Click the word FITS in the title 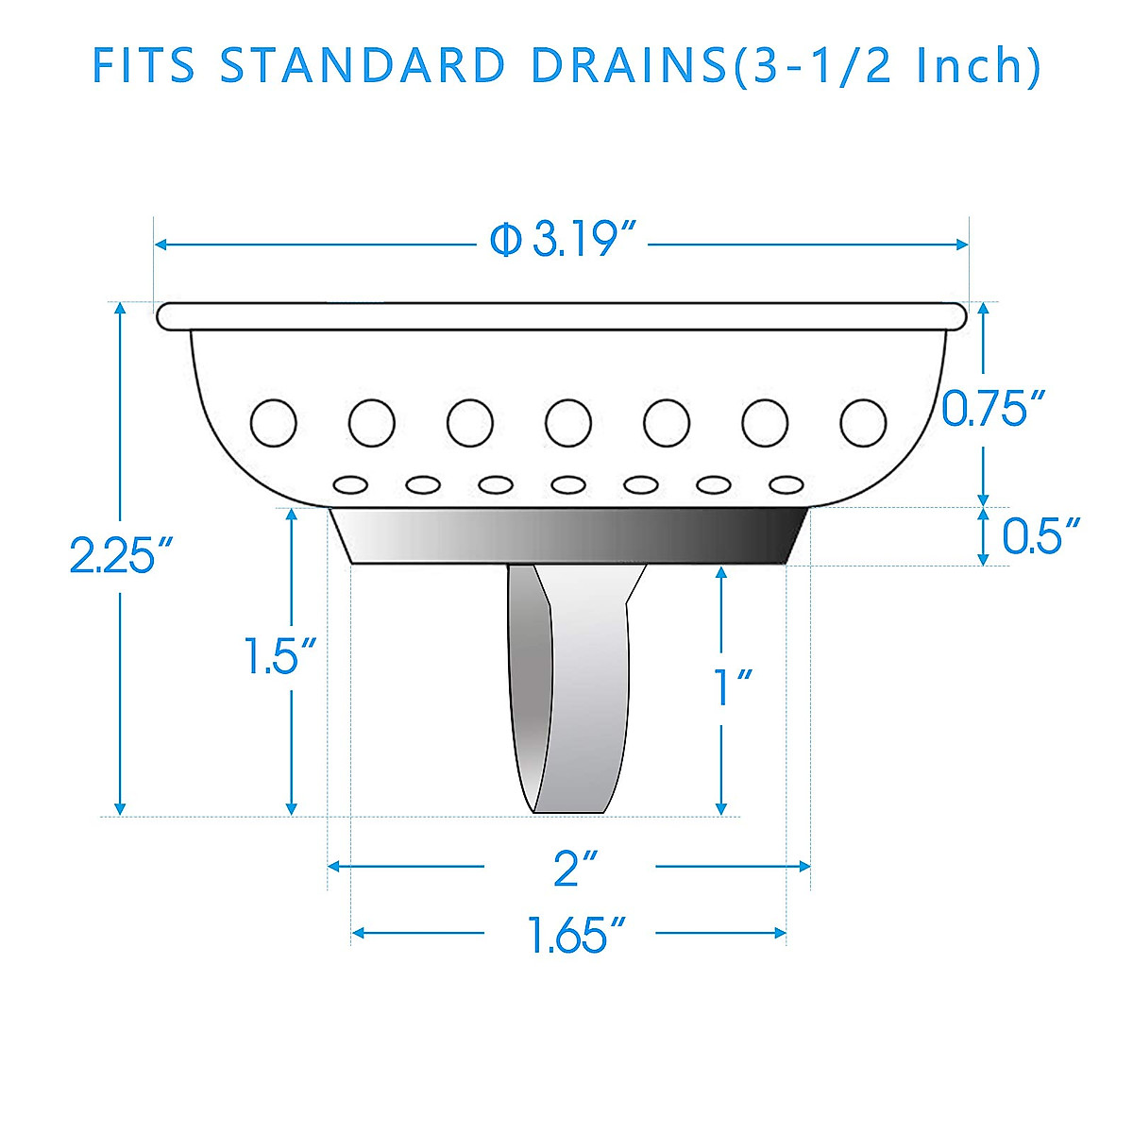[x=144, y=66]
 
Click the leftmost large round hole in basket [x=274, y=422]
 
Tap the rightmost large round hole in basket [x=863, y=422]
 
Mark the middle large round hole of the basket [x=568, y=422]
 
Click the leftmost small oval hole [x=350, y=483]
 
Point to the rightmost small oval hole [x=786, y=483]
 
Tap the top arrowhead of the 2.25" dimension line [x=119, y=311]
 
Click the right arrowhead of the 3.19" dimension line [x=962, y=245]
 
